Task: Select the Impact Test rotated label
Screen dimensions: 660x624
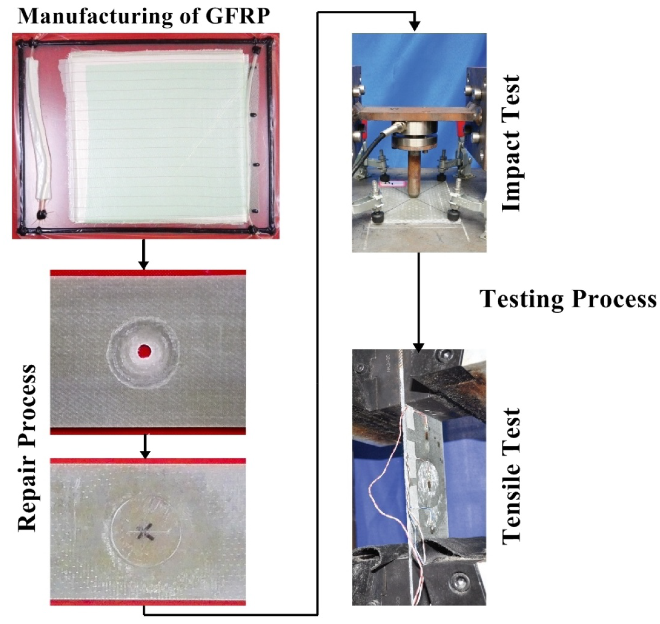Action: pyautogui.click(x=510, y=143)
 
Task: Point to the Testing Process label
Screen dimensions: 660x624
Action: pyautogui.click(x=568, y=299)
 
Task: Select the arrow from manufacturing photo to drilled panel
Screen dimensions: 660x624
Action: pyautogui.click(x=143, y=254)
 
